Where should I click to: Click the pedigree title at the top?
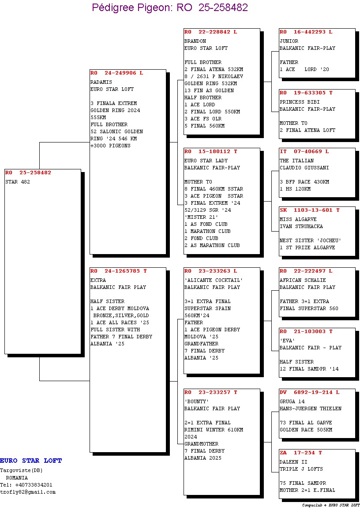170,7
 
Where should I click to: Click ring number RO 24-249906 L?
116,73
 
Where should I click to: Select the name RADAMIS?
101,82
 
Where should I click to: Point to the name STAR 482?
18,182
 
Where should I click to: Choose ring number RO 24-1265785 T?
118,271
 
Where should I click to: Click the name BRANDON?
195,41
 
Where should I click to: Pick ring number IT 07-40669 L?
304,151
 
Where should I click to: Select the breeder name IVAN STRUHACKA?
301,226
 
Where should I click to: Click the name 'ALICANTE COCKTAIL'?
214,280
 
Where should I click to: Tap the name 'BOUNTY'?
196,401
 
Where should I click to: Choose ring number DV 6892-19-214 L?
309,392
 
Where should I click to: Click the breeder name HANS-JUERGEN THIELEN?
310,408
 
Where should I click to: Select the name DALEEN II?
294,462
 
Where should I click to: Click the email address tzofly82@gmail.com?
28,492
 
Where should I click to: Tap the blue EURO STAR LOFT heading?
31,461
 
